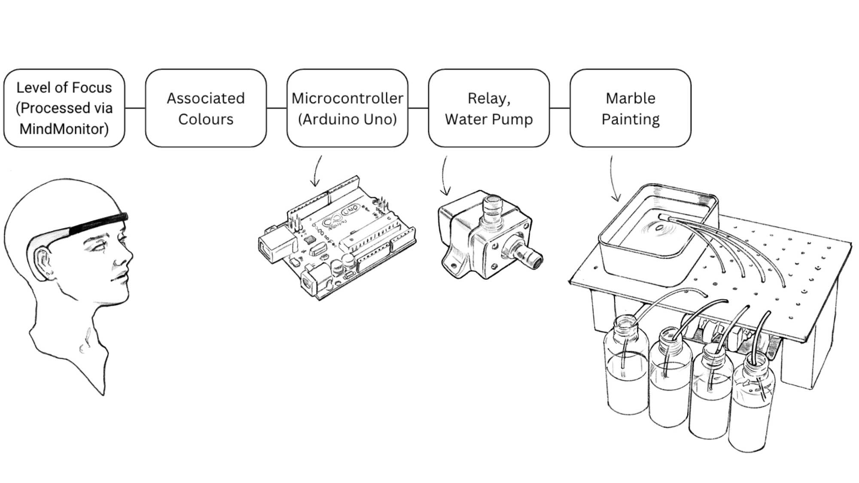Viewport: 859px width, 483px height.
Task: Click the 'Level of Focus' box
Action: (64, 108)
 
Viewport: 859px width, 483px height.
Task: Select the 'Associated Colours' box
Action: (206, 108)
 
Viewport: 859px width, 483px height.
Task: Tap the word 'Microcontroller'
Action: (347, 98)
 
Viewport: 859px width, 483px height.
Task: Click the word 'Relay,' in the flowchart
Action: (489, 98)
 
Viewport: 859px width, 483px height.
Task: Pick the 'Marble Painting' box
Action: (630, 108)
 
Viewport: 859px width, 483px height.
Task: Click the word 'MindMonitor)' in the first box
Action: (64, 128)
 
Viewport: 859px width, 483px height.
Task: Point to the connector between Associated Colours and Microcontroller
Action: (276, 108)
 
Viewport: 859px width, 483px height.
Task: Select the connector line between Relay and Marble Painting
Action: (560, 108)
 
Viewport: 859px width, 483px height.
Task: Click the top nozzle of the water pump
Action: (492, 207)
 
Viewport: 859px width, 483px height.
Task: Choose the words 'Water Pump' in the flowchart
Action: (489, 119)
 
